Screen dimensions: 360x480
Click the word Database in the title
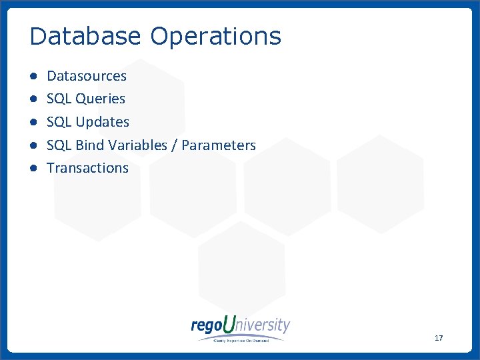[86, 36]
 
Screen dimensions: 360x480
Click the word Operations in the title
[215, 36]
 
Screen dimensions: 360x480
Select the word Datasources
[86, 76]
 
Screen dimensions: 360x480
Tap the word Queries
[100, 99]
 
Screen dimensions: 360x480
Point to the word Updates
[102, 122]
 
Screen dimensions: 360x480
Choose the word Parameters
[219, 145]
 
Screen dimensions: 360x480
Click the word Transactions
[87, 168]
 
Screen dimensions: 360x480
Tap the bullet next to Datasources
[33, 76]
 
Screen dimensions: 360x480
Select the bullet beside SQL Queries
[33, 99]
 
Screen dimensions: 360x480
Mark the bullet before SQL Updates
[33, 122]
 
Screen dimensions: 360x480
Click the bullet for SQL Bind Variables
[33, 145]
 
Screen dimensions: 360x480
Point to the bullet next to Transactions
[33, 168]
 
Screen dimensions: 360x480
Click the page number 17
[438, 339]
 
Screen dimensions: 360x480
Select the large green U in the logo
[229, 325]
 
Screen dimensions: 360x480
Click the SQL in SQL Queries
[59, 99]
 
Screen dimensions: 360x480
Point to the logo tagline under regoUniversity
[241, 339]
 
